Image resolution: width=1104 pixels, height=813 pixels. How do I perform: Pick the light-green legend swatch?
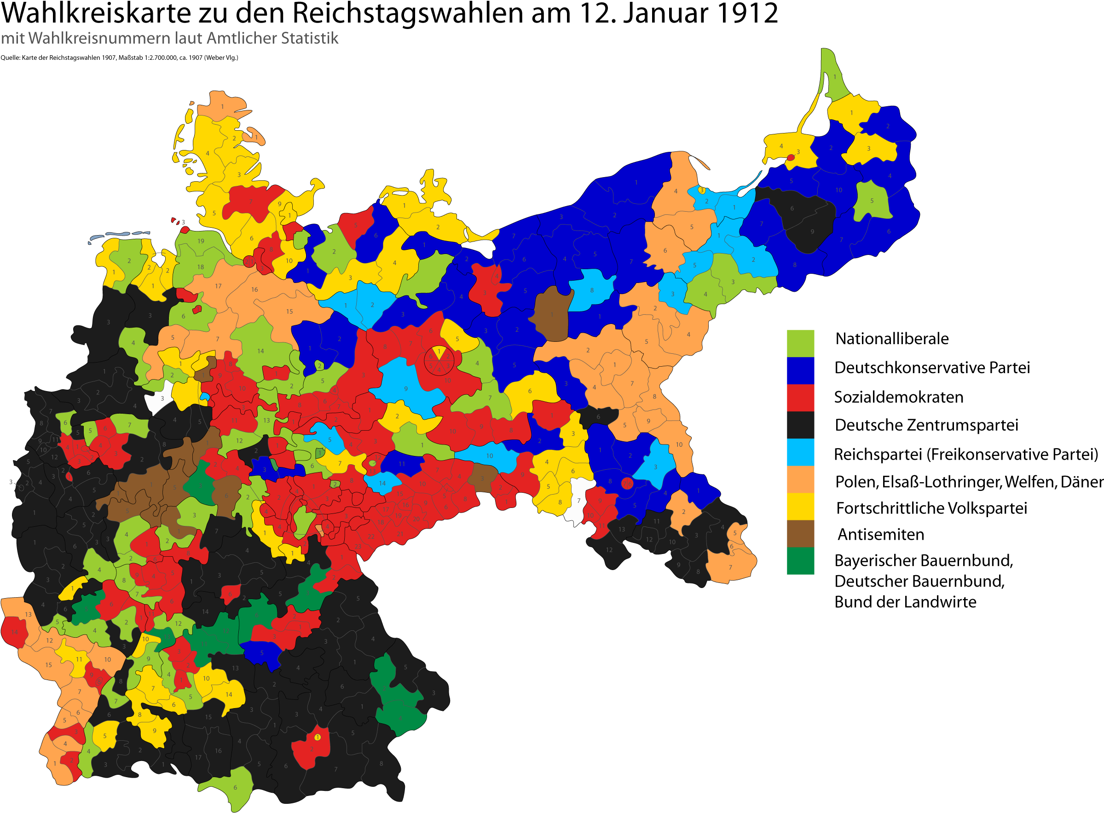click(x=800, y=343)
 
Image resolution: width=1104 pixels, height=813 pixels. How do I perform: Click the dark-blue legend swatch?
click(x=800, y=370)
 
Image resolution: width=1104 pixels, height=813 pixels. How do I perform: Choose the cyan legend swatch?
click(x=800, y=452)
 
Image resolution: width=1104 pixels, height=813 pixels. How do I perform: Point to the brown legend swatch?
click(x=800, y=533)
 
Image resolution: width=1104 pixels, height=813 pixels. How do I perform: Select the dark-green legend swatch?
click(x=800, y=560)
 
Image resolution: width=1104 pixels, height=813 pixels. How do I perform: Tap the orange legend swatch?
click(x=800, y=479)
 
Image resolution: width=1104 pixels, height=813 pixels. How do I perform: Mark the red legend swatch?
click(x=800, y=397)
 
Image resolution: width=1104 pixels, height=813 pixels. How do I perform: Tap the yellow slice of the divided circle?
click(x=439, y=352)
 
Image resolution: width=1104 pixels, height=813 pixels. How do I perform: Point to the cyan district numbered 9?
click(x=405, y=389)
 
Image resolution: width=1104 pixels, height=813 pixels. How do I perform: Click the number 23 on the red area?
click(x=358, y=546)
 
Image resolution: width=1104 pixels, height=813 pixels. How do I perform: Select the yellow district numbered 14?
click(x=229, y=694)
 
